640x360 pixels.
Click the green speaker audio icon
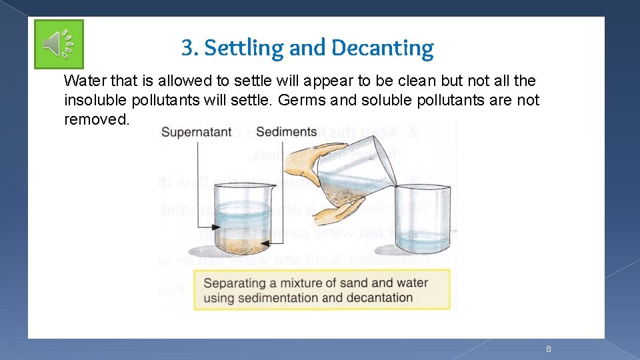coord(59,44)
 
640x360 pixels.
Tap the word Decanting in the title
coord(382,48)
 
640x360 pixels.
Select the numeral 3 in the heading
coord(188,48)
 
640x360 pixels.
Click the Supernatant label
coord(197,132)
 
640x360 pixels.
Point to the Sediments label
coord(286,132)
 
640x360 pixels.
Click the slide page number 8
coord(548,349)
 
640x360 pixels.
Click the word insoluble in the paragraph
coord(91,101)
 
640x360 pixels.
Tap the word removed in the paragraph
coord(95,119)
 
